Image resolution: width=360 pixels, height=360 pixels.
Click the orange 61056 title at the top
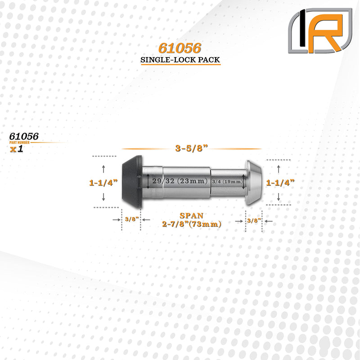click(x=180, y=48)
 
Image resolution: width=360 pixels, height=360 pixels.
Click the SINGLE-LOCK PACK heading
click(x=180, y=60)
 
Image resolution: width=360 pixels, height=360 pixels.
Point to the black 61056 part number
click(x=24, y=136)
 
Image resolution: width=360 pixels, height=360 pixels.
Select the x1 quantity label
click(x=17, y=149)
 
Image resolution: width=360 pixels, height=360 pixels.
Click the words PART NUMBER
click(x=19, y=143)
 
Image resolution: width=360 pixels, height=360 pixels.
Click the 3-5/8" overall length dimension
click(x=192, y=148)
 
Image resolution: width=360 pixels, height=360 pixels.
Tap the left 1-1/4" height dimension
click(x=103, y=183)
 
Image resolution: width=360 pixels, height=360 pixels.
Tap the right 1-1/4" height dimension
click(x=280, y=183)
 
